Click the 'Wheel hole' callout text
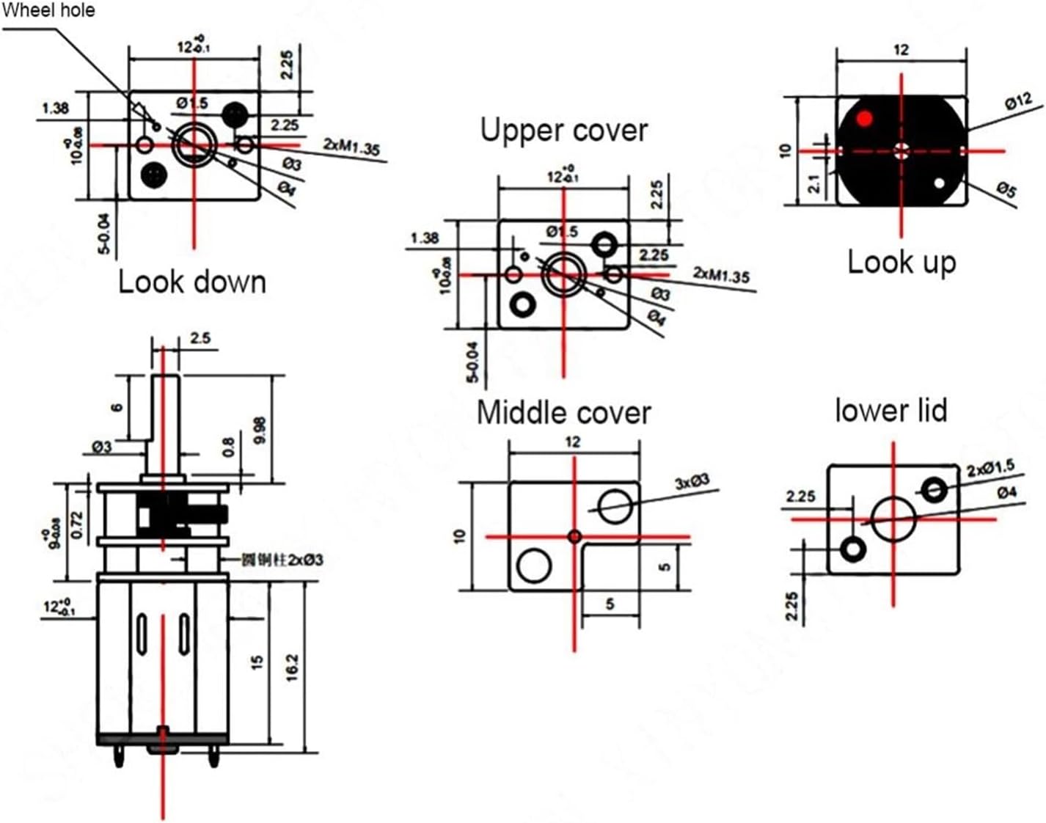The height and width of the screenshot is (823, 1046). [x=48, y=10]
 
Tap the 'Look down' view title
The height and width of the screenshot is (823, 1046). [x=192, y=282]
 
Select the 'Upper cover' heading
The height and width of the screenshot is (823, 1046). [x=564, y=131]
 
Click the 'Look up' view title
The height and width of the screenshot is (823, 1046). [x=901, y=262]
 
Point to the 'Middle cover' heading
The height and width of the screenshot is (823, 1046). [x=563, y=412]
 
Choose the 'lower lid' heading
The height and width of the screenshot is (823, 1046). [x=891, y=410]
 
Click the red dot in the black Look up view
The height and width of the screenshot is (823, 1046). [x=866, y=118]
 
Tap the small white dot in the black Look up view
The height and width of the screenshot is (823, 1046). [x=939, y=183]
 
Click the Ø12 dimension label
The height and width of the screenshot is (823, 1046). [x=1018, y=103]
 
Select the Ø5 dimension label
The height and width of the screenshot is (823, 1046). [x=1006, y=191]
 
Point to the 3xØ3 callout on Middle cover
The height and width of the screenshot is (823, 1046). [x=692, y=481]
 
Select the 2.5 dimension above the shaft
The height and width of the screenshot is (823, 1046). [x=200, y=338]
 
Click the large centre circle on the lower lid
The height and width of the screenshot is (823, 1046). [x=893, y=518]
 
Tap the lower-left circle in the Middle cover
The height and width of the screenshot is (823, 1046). [x=534, y=566]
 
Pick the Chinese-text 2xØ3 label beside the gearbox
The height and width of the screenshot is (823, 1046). [x=282, y=560]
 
